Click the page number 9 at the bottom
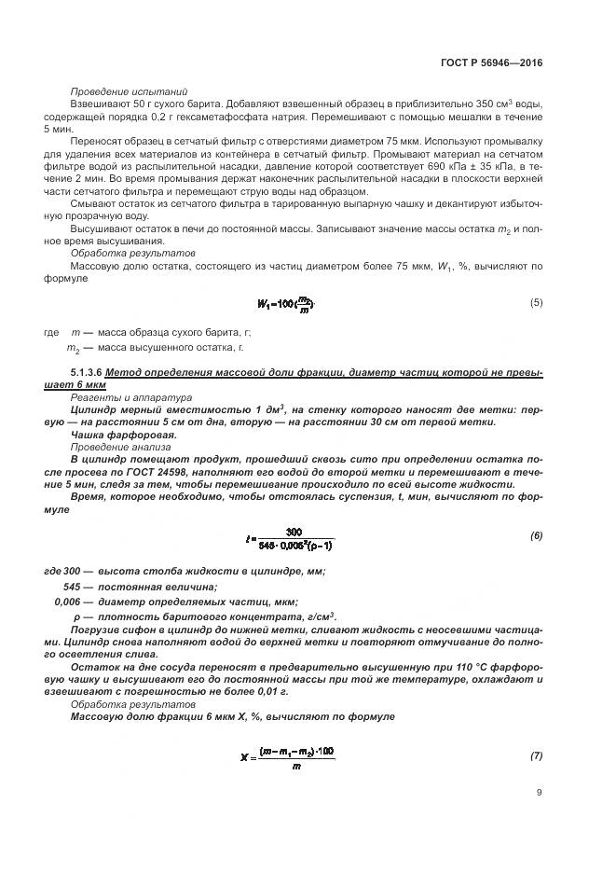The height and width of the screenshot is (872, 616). (539, 794)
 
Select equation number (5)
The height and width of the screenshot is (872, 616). (536, 302)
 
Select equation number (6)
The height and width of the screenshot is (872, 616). (536, 535)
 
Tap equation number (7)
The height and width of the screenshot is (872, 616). (536, 756)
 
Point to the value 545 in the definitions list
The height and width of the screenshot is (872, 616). (71, 587)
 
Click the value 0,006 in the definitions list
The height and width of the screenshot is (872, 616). (69, 602)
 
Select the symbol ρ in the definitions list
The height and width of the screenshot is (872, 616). (76, 616)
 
